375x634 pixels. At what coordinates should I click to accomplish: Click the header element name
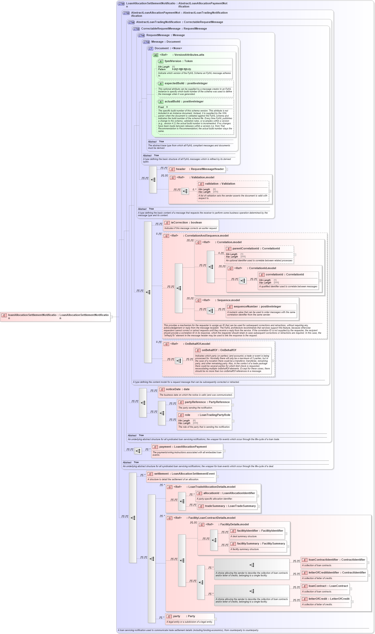click(181, 169)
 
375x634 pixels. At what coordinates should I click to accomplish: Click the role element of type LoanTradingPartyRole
click(187, 415)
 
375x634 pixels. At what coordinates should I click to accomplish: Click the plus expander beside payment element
click(224, 451)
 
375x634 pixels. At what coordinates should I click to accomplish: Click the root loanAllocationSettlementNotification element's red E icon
click(4, 315)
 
